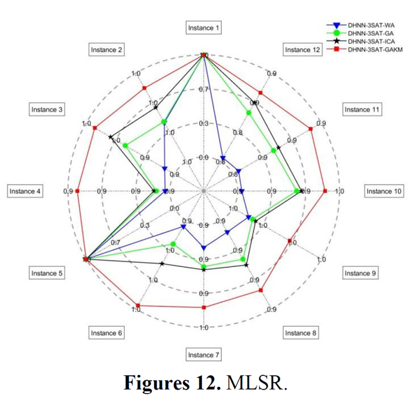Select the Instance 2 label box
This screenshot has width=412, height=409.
[107, 50]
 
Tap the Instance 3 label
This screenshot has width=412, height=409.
[47, 110]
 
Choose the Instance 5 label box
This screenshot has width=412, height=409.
[47, 273]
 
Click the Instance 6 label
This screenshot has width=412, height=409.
[107, 333]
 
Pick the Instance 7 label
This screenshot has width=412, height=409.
[204, 355]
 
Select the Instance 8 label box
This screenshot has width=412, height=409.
[301, 333]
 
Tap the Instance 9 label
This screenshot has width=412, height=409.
[361, 273]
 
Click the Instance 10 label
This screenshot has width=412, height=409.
[383, 192]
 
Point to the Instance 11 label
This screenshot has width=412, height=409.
[361, 110]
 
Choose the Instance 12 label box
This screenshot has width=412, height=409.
[302, 50]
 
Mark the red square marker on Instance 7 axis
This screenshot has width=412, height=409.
[204, 308]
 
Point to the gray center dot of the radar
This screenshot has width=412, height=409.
[204, 192]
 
